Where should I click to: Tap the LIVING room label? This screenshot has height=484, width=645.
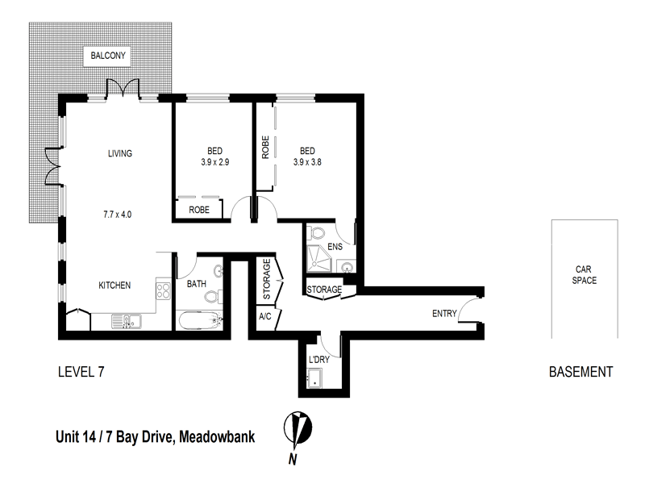point(120,153)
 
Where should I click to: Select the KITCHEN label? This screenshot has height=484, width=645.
point(114,286)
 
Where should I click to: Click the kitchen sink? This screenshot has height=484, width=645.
point(126,323)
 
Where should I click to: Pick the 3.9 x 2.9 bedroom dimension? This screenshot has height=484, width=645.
point(214,161)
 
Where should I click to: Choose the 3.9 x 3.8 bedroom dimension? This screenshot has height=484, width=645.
point(307,161)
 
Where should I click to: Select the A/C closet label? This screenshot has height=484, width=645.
point(265,316)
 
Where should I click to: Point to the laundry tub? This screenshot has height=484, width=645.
point(316,378)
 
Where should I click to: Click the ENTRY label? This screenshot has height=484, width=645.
point(444,314)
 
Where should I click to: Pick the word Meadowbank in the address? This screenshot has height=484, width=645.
point(215,436)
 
